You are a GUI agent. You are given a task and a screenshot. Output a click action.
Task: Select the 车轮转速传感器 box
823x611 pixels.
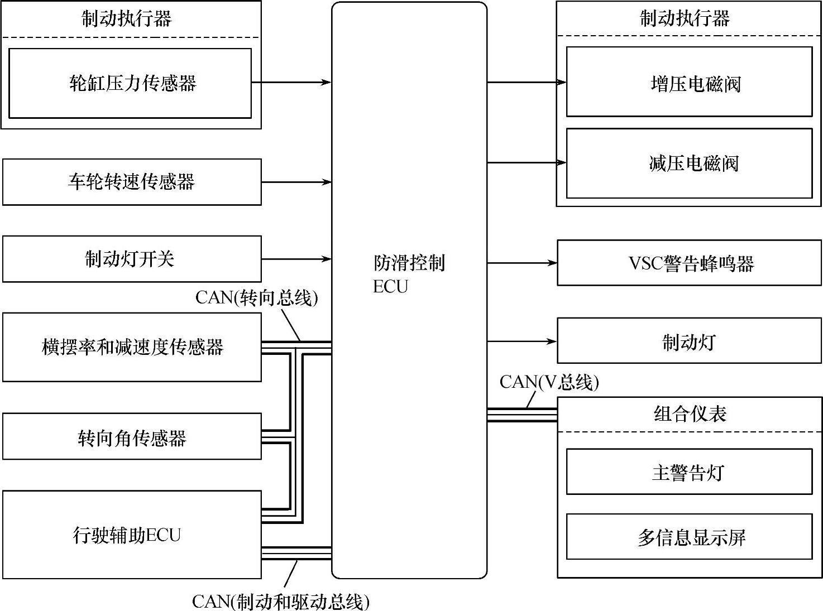click(x=132, y=182)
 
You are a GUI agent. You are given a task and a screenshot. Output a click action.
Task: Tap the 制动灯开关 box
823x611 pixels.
click(x=132, y=259)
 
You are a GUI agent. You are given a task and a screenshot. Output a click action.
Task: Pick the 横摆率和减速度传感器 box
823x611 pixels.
click(x=132, y=347)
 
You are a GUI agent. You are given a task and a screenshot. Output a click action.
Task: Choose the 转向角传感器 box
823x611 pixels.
click(x=132, y=437)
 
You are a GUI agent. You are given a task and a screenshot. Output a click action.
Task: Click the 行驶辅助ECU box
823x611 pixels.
click(x=132, y=535)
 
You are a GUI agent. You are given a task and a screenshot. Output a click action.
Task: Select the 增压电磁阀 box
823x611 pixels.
click(x=689, y=82)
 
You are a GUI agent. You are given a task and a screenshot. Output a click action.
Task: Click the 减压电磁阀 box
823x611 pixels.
click(x=689, y=163)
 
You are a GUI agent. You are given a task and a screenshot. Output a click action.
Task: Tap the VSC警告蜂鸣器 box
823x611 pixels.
click(x=689, y=263)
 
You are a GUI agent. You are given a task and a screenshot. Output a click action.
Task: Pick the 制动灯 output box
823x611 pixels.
click(x=689, y=341)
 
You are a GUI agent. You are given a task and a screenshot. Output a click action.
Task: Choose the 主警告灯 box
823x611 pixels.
click(x=689, y=472)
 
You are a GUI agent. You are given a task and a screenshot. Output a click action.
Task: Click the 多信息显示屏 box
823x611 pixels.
click(x=689, y=537)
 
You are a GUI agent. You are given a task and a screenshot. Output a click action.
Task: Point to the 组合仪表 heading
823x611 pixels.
click(x=689, y=414)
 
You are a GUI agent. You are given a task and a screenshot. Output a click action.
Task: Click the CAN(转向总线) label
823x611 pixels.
click(x=256, y=298)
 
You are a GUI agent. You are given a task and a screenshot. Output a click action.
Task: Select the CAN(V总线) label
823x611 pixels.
click(x=549, y=382)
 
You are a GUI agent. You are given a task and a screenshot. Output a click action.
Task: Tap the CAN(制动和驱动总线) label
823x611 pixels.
click(x=280, y=602)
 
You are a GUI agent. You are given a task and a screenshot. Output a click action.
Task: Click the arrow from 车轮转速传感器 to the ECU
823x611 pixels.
click(x=296, y=182)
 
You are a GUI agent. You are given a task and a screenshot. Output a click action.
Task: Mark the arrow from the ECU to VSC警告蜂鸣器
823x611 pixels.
click(x=522, y=263)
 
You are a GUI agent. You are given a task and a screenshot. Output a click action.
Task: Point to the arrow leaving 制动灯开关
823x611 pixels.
click(x=296, y=259)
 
